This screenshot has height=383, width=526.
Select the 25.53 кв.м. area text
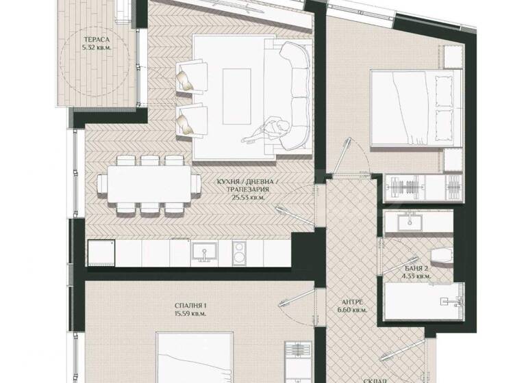point(248,196)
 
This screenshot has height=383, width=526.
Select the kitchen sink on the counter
point(202,252)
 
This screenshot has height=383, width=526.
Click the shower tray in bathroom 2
point(418,302)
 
